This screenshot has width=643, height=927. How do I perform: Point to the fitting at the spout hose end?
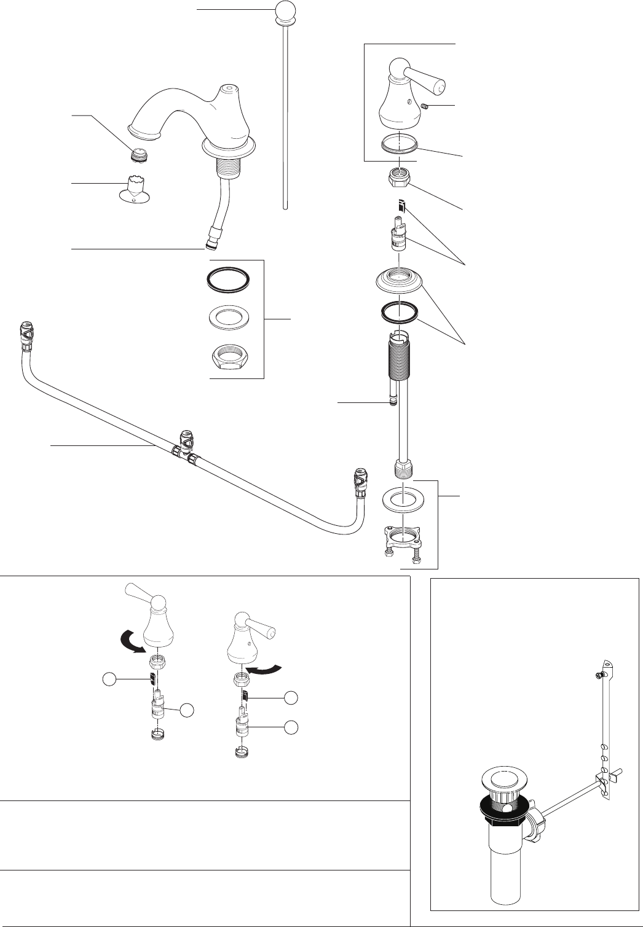(213, 237)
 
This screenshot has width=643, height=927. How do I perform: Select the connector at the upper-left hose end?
(26, 335)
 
